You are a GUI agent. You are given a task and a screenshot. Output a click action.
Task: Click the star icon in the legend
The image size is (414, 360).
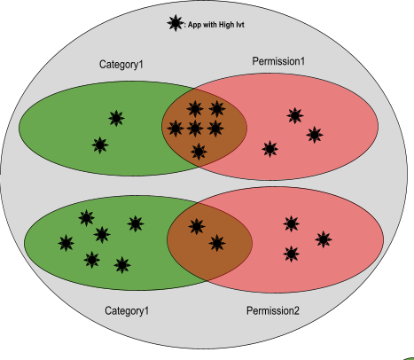pos(174,23)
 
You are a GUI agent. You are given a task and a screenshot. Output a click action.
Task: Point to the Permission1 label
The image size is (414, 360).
pos(277,60)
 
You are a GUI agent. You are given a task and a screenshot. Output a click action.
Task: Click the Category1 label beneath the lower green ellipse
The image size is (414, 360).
pos(128,310)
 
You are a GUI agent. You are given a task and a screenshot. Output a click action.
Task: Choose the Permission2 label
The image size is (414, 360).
pos(273,311)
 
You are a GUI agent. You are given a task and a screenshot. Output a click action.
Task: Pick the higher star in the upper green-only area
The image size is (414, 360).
pos(116,118)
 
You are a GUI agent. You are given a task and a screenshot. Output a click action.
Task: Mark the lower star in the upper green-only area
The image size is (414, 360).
pos(100,145)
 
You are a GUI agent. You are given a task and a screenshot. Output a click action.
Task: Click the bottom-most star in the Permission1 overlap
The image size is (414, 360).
pos(199,152)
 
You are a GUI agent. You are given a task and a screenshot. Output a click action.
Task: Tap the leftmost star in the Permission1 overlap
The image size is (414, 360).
pos(176,129)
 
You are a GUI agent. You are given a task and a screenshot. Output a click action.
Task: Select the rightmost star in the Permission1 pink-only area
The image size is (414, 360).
pos(314,135)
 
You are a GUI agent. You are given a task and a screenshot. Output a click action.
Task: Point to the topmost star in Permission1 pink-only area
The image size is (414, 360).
pos(295,114)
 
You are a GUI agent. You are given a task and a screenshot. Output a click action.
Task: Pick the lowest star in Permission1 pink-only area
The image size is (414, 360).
pos(269,148)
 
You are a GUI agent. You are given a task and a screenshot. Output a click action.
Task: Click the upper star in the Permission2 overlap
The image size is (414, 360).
pos(197,225)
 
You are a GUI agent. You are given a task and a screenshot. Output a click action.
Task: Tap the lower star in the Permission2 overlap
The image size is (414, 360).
pos(216,242)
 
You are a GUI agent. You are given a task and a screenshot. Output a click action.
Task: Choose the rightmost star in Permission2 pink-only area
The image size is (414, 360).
pos(324,239)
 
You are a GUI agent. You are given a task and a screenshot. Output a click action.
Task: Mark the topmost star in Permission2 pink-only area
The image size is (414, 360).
pos(291,223)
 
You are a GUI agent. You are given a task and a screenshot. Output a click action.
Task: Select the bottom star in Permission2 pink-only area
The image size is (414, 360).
pos(291,254)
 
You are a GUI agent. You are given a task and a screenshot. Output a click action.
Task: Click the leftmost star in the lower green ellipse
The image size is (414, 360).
pos(66,242)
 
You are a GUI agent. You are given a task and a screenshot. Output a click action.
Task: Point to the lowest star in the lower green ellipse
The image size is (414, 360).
pos(122,264)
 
